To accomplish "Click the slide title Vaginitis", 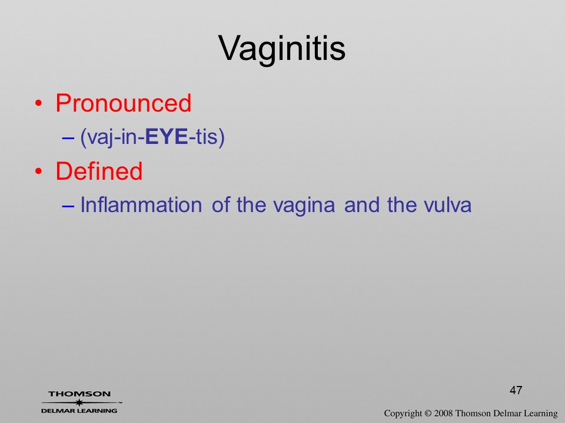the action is pos(282,49).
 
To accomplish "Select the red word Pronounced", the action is pos(123,103).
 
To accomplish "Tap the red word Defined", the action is pos(99,170).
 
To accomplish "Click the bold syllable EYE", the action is pos(167,137).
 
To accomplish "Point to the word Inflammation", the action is pos(141,204).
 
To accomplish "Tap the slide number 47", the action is pos(516,390).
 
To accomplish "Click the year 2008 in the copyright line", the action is pos(443,413).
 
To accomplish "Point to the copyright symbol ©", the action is pos(428,413).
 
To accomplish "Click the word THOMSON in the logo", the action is pos(79,394).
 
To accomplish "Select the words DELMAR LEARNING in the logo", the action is pos(79,411).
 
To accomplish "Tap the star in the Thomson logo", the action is pos(79,402).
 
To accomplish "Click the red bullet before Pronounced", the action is pos(39,104).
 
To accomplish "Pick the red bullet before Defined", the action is pos(39,171).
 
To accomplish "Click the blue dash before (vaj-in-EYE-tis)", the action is pos(68,137).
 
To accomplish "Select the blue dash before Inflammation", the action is pos(68,206).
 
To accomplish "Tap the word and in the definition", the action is pos(361,204).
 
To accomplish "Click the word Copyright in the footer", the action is pos(403,414).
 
